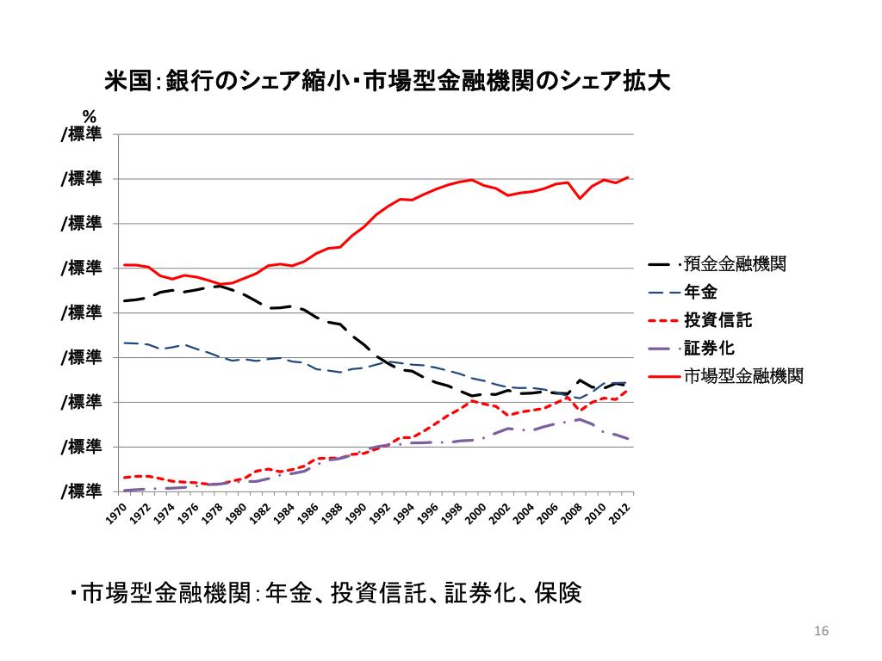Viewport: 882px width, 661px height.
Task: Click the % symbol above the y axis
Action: point(89,115)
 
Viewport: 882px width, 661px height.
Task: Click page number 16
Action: point(820,633)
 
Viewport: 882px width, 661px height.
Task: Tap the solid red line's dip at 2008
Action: point(580,198)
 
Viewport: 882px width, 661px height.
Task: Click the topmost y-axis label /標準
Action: point(82,134)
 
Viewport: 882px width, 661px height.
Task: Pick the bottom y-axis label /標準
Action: point(82,491)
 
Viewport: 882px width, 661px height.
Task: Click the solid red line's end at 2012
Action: point(629,177)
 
